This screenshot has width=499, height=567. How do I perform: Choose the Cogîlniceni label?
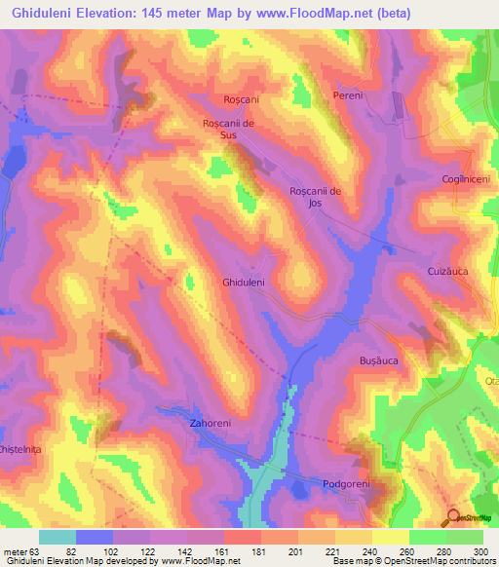pos(464,181)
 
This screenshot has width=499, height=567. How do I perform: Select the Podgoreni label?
pos(349,483)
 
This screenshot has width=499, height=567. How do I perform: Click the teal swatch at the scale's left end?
pos(58,536)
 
